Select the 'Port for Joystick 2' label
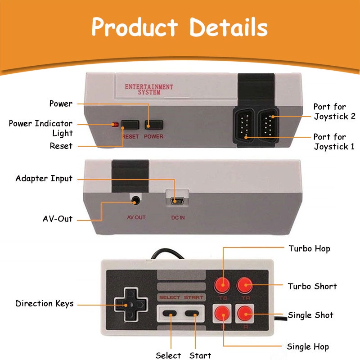click(x=334, y=112)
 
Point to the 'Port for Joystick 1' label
click(x=334, y=141)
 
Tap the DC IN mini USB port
click(x=177, y=201)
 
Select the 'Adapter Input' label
click(x=44, y=178)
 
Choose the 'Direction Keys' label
click(x=45, y=303)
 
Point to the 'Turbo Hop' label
click(x=310, y=248)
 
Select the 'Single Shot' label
click(x=310, y=315)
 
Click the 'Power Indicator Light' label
click(x=40, y=128)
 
